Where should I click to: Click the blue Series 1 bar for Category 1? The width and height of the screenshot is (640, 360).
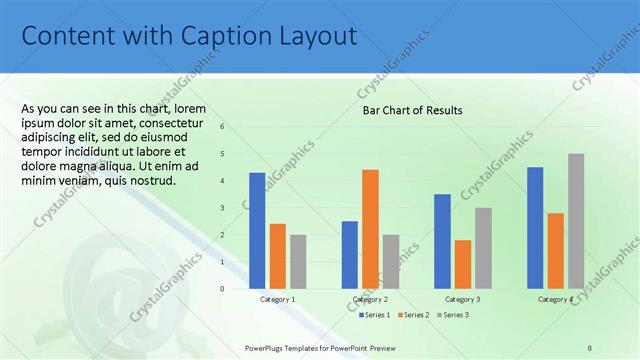pos(257,230)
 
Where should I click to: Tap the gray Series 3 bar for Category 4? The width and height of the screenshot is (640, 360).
pos(576,220)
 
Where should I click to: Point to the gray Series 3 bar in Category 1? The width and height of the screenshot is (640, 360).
pos(298,261)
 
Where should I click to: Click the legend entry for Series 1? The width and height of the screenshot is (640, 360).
pos(376,315)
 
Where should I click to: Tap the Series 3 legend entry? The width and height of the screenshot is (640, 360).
pos(453,315)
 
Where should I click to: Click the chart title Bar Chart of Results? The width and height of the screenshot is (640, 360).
pos(412,110)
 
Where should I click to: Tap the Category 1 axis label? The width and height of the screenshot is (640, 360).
pos(277,299)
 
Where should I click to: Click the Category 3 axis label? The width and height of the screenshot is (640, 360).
pos(462,299)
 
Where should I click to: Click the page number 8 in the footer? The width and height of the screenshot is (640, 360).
pos(589,346)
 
